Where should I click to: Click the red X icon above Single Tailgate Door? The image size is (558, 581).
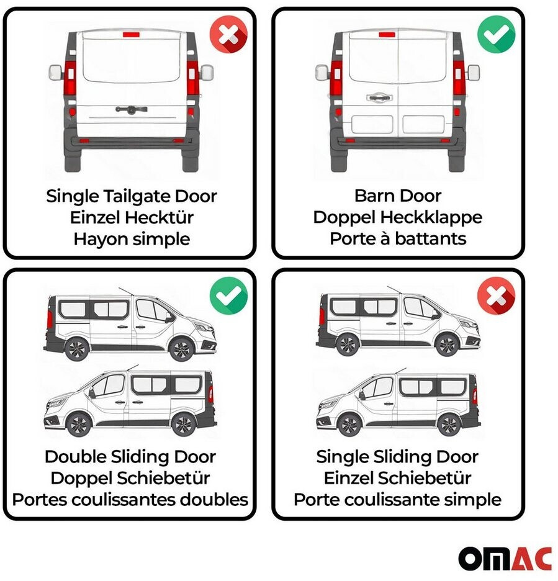pos(228,35)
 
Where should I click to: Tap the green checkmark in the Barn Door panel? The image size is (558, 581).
pos(496,35)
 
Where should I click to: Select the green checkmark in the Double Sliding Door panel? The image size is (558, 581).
pos(228,295)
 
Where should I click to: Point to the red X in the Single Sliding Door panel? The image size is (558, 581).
pos(496,295)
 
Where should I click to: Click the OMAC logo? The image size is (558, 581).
pos(505,559)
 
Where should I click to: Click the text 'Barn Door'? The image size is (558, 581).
pos(398,196)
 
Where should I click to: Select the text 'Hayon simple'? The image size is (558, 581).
pos(132,239)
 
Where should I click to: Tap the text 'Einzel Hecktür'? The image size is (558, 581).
pos(132,217)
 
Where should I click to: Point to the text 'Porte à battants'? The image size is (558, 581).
pos(398,238)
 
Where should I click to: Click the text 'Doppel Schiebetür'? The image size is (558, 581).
pos(130,478)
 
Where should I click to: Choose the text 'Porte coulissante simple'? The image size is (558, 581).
pos(397,500)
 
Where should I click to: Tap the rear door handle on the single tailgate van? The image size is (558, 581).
pos(131,109)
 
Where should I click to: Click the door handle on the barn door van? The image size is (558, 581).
pos(379,97)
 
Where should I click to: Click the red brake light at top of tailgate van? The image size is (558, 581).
pos(131,35)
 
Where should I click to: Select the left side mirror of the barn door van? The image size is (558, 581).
pos(322,72)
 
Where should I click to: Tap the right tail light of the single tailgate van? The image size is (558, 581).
pos(192,79)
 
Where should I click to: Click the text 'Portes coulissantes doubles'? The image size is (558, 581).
pos(130,500)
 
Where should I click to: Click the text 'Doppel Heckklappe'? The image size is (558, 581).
pos(398,217)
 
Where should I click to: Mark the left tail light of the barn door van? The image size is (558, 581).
pos(336,79)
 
